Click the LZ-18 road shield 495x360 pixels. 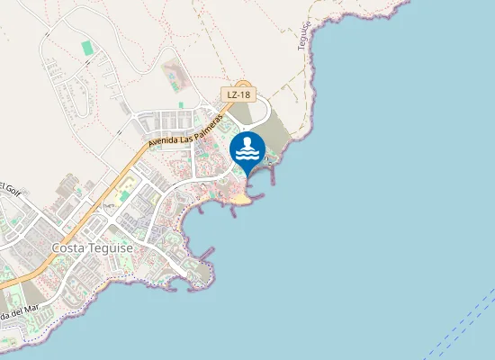tap(238, 94)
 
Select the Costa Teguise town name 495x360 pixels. tap(93, 247)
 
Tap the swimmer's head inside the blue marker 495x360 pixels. tap(247, 142)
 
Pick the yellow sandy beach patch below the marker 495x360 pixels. tap(241, 197)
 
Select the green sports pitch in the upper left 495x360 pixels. tap(86, 47)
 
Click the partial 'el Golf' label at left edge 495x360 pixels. tap(10, 188)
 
